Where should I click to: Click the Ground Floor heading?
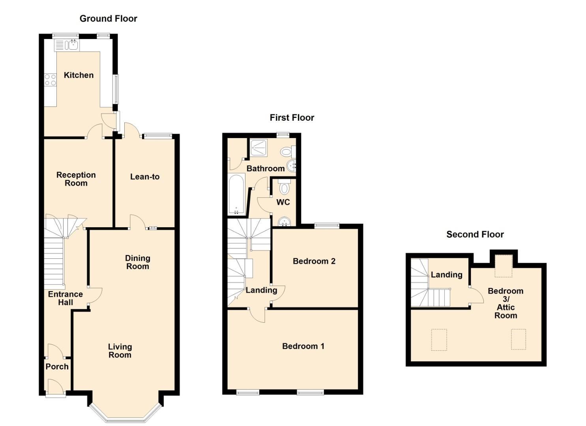[x=108, y=19]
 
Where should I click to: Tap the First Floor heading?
[x=292, y=118]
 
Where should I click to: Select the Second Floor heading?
[x=475, y=234]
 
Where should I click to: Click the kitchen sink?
[x=72, y=45]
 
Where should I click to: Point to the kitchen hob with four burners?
[x=50, y=80]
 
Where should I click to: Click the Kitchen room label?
[x=79, y=75]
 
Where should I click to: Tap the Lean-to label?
[x=145, y=177]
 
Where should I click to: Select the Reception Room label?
[x=76, y=179]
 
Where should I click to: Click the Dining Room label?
[x=137, y=262]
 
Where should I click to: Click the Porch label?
[x=57, y=366]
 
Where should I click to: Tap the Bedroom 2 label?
[x=314, y=261]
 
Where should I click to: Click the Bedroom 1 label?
[x=303, y=346]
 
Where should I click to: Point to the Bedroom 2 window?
[x=327, y=226]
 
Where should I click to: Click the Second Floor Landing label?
[x=446, y=275]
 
